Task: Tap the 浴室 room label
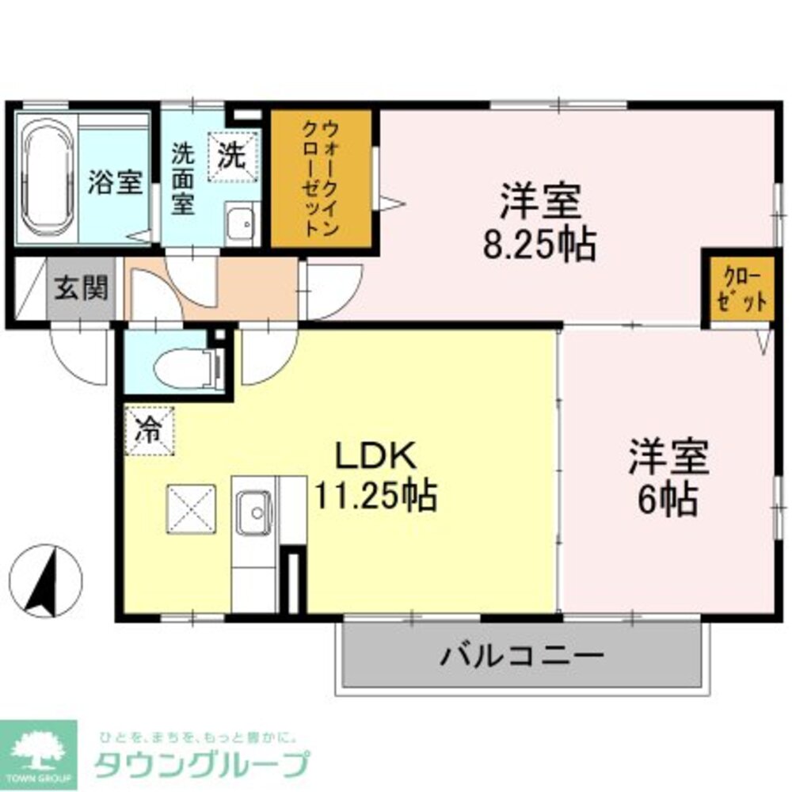[115, 183]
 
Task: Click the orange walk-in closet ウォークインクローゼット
[322, 178]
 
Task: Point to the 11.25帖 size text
[376, 497]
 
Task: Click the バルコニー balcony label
[523, 656]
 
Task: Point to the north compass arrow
[45, 581]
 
